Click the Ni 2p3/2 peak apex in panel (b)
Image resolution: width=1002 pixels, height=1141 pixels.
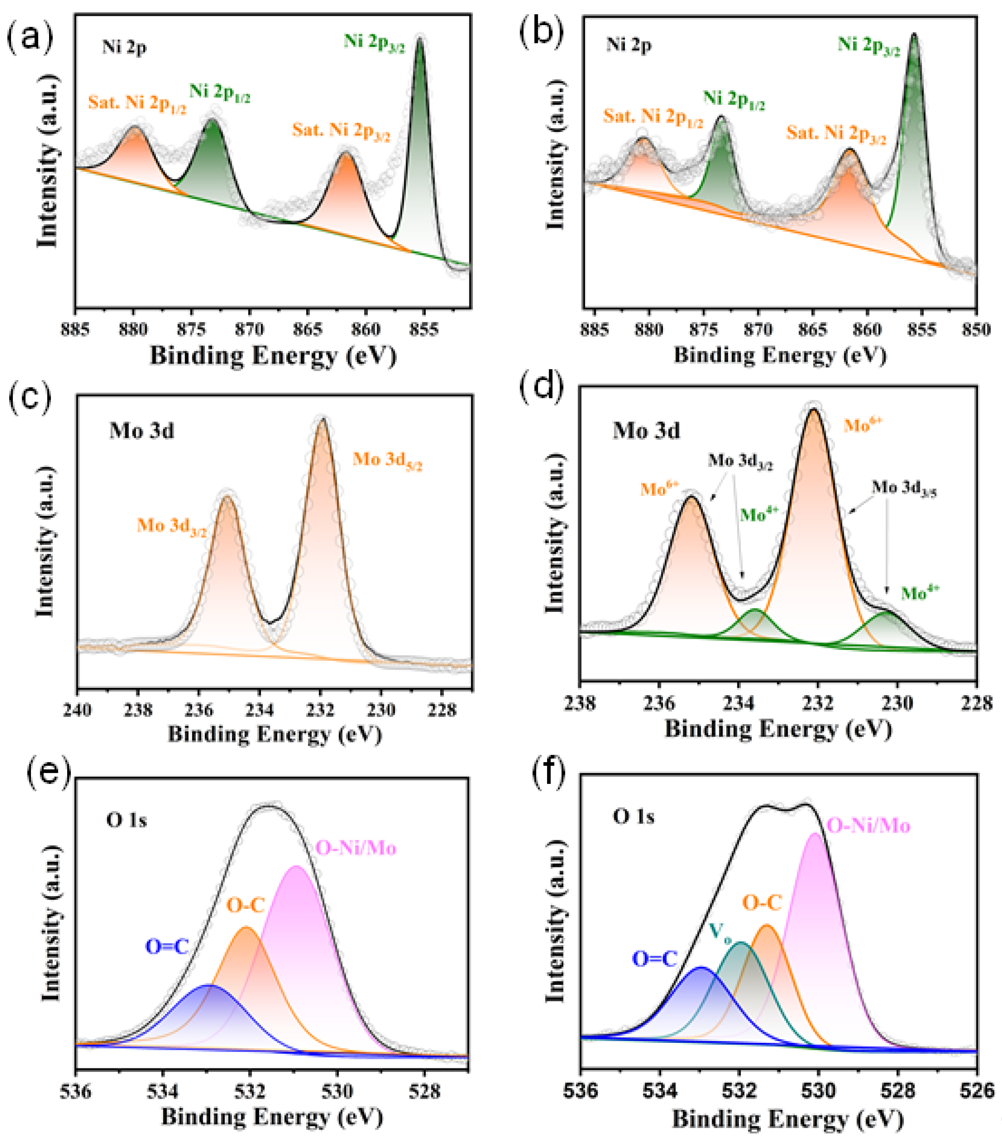tap(914, 35)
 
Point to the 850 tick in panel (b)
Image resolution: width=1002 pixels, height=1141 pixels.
tap(976, 330)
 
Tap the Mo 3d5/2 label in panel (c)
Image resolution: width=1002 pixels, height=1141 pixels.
tap(387, 461)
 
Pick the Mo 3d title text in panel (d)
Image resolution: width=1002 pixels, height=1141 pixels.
tap(646, 431)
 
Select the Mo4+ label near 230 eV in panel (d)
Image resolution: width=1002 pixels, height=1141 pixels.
tap(920, 593)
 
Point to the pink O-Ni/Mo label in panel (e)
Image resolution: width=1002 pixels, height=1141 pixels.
tap(356, 848)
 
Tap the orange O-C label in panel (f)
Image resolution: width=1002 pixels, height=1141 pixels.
tap(762, 903)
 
